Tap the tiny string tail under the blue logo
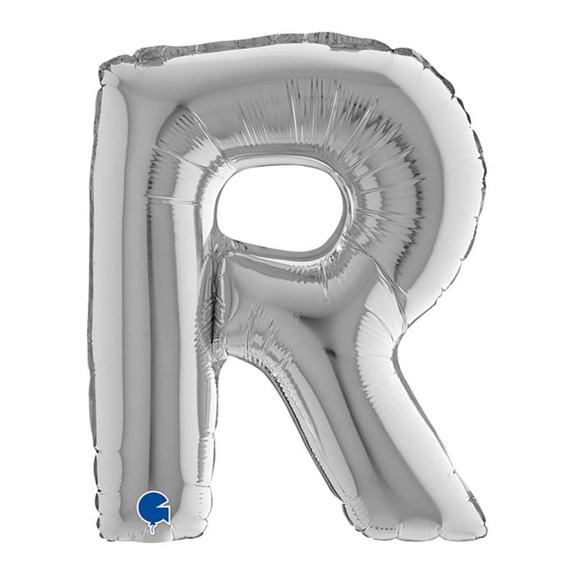tap(152, 529)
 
